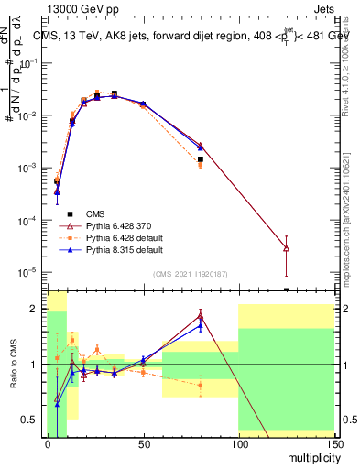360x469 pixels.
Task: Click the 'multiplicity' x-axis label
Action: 310,455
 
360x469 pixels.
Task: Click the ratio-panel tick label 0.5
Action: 31,420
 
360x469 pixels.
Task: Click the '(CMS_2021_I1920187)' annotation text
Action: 190,273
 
